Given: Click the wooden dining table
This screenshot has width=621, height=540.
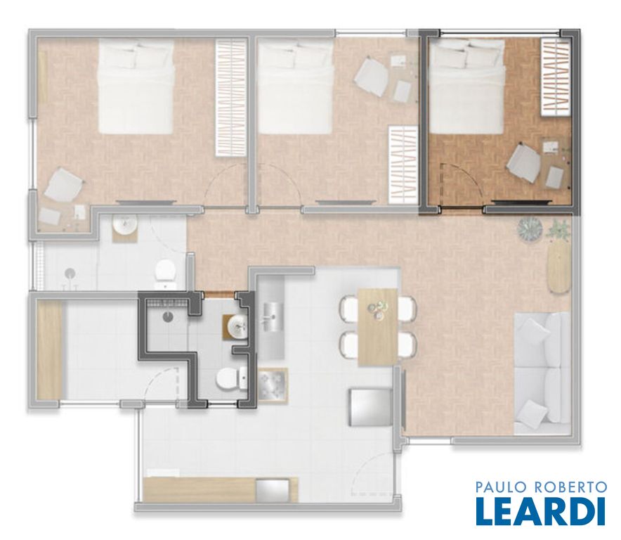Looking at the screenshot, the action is pyautogui.click(x=378, y=327).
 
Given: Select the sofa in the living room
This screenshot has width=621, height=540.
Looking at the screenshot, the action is pyautogui.click(x=542, y=373).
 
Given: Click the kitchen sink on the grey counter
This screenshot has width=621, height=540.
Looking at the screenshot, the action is pyautogui.click(x=273, y=316).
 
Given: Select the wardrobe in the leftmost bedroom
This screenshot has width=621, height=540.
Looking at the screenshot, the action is pyautogui.click(x=231, y=98).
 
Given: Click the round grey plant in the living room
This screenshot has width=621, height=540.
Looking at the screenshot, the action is pyautogui.click(x=530, y=229).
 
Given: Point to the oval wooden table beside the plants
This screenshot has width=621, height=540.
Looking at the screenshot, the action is pyautogui.click(x=559, y=267).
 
